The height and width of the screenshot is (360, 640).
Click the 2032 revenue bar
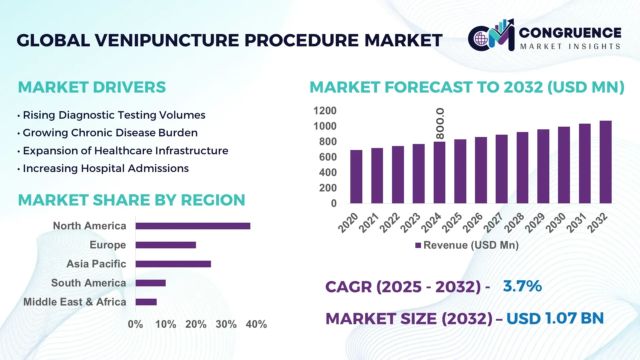click(605, 162)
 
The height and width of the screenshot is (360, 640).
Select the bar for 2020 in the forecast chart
click(356, 177)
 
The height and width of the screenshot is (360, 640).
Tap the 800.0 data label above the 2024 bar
click(440, 123)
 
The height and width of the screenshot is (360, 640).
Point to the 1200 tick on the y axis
click(325, 111)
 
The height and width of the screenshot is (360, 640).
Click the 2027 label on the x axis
click(493, 222)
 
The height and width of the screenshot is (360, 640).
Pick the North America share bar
click(193, 226)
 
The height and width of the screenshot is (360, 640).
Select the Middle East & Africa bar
click(146, 302)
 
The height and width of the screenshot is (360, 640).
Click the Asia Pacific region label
click(96, 264)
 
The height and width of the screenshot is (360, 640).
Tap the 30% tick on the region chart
click(226, 324)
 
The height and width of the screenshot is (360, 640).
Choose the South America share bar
click(150, 283)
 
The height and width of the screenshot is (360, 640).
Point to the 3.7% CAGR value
click(522, 286)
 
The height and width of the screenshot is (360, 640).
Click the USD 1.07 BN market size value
click(555, 318)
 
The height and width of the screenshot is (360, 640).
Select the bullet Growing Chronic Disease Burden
click(110, 133)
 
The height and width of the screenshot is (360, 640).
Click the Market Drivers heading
click(92, 87)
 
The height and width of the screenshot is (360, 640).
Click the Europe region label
click(108, 245)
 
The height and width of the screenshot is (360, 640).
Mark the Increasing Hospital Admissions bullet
click(105, 168)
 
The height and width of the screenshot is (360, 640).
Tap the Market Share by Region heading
click(131, 200)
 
